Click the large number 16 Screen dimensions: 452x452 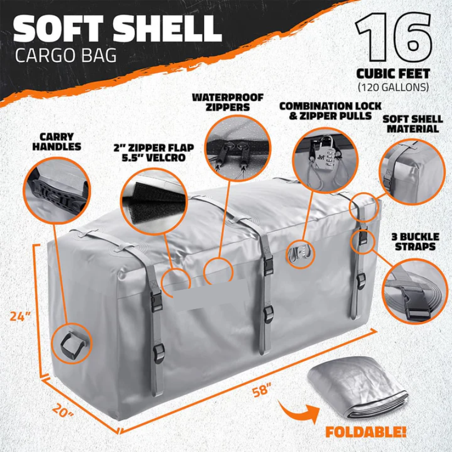[394, 37]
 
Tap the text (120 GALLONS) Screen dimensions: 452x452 [393, 87]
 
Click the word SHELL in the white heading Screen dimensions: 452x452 [167, 29]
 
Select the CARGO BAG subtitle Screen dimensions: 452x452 [66, 55]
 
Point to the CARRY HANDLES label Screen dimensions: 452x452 [57, 142]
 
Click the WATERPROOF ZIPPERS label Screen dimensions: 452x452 [228, 102]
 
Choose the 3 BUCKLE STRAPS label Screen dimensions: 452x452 [415, 242]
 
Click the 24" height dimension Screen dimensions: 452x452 [20, 316]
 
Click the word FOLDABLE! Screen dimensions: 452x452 [366, 432]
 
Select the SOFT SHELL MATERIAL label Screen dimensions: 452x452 [413, 124]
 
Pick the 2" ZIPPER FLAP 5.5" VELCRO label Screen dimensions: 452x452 [154, 153]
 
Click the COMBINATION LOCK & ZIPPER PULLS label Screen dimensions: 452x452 [331, 111]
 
